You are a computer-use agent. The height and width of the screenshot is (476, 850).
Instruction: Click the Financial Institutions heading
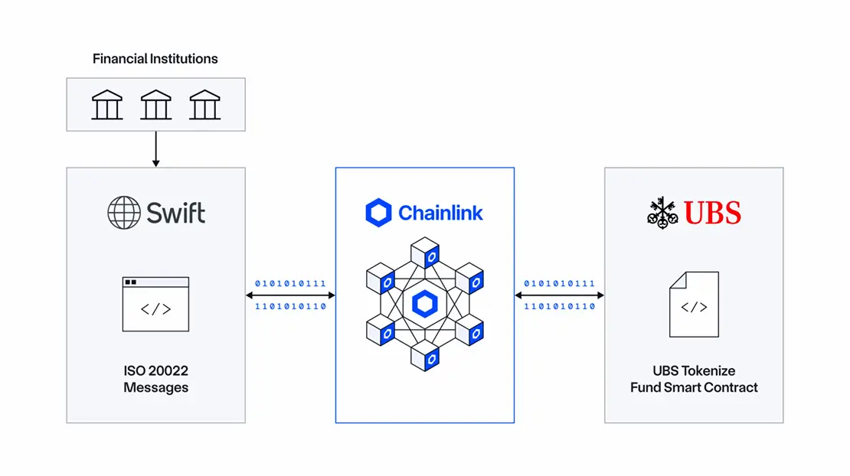155,59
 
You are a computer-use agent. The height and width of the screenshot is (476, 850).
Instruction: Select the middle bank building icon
155,105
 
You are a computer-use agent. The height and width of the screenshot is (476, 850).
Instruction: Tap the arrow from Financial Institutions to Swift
155,149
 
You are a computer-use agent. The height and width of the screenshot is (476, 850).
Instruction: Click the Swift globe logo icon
123,212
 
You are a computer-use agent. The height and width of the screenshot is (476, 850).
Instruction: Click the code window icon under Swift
155,304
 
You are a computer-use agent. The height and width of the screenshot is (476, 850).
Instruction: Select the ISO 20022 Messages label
155,379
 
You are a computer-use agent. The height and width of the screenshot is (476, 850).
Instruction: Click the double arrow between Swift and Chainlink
290,295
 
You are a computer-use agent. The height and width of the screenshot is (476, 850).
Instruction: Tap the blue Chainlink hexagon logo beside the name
378,213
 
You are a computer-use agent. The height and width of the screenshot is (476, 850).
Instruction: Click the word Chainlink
440,213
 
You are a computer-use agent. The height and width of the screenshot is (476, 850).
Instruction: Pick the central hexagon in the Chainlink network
424,304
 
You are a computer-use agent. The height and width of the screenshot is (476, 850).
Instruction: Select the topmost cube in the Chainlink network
425,252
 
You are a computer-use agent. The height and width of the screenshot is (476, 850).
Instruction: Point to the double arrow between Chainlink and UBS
559,295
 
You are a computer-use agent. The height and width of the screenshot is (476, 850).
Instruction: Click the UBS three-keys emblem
662,212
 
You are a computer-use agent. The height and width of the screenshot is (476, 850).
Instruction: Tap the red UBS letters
712,212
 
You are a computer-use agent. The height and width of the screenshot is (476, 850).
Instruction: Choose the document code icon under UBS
694,305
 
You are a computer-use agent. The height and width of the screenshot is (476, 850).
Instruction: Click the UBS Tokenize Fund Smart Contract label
694,379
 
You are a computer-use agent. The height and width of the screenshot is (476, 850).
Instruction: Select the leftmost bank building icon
106,105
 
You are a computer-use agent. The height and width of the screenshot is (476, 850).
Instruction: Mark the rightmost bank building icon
205,105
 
